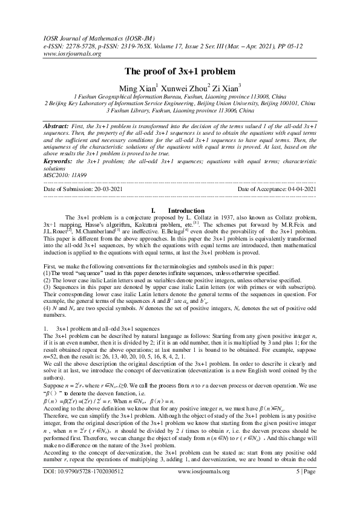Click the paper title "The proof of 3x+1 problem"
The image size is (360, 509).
tap(180, 71)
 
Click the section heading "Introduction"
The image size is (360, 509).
tap(186, 210)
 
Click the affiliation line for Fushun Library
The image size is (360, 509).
tap(180, 111)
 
